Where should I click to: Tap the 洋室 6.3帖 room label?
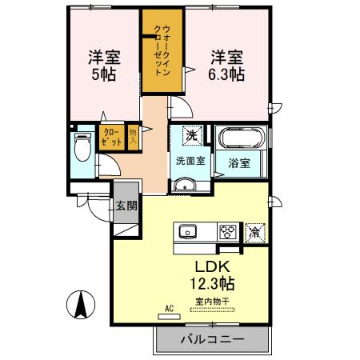[x=228, y=66]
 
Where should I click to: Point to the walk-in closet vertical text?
[x=165, y=51]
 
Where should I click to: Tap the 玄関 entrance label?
[x=126, y=206]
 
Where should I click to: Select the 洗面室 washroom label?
[x=190, y=160]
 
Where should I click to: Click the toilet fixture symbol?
[x=82, y=149]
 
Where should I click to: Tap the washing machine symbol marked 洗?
[x=191, y=135]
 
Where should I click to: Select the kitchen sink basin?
[x=188, y=232]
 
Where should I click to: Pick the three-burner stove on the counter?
[x=227, y=232]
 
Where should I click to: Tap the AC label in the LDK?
[x=169, y=307]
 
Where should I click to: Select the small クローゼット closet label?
[x=111, y=137]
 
